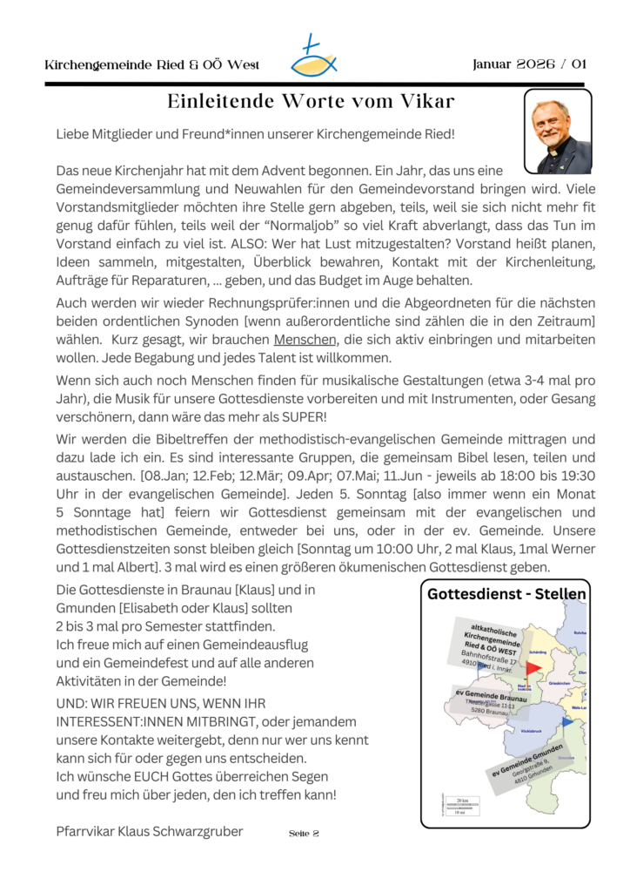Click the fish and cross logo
pos(313,57)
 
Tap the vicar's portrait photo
pos(558,132)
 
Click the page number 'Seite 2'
pos(304,834)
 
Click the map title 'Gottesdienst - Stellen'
pos(506,595)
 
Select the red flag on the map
pos(533,669)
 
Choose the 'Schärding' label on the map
pos(537,652)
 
